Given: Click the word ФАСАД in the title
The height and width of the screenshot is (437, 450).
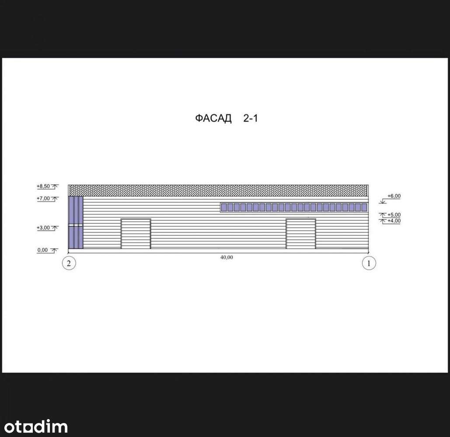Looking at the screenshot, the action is (213, 118).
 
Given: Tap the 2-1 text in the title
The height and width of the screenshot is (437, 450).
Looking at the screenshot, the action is (251, 118).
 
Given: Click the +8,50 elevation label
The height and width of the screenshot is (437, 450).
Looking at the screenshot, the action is (43, 186).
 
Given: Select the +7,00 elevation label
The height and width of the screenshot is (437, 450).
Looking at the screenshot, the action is (43, 198).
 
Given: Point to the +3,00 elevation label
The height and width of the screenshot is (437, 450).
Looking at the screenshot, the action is (43, 228).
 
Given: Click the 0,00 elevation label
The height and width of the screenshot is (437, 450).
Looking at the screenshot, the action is (42, 250).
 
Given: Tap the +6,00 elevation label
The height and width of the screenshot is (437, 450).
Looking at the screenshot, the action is (394, 196).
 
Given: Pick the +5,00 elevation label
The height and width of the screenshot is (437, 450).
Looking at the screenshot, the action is (394, 215).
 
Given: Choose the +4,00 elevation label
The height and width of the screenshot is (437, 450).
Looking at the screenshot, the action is (394, 221).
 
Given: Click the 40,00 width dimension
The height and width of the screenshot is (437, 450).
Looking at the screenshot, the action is (227, 257).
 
